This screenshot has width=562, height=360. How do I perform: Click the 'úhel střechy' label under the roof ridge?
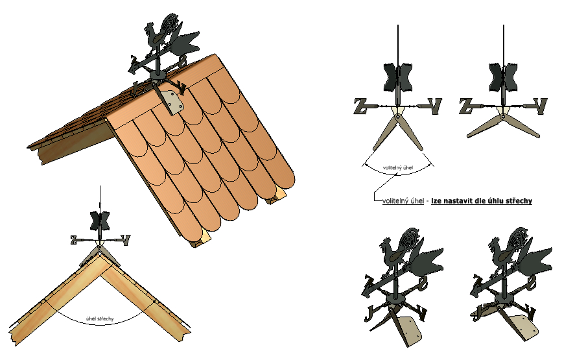100,318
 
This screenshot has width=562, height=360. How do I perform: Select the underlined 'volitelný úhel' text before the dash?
403,201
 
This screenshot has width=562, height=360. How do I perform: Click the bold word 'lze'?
436,201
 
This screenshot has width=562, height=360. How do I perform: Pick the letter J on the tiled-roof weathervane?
135,88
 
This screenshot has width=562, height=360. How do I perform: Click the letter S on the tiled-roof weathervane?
182,62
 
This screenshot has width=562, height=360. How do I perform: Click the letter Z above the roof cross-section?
73,240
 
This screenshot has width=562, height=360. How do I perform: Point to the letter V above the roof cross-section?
126,240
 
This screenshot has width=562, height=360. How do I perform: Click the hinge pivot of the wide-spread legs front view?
502,116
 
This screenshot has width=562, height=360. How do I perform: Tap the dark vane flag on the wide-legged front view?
503,77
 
